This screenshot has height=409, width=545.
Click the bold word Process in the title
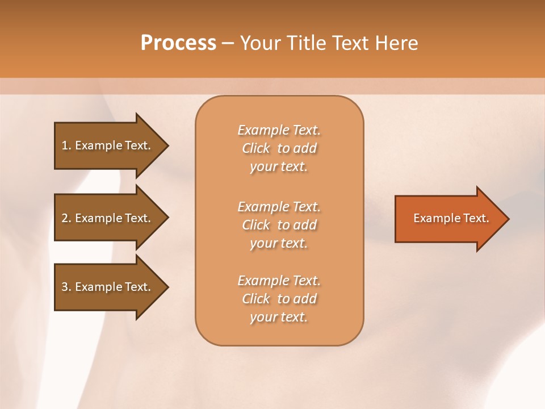coord(178,43)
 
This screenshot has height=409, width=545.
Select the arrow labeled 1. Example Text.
coord(108,145)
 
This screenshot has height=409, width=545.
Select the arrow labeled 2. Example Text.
coord(108,218)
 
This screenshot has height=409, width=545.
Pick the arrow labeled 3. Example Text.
coord(108,287)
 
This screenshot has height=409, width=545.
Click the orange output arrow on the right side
coord(448,218)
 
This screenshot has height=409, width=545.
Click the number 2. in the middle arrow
coord(66,218)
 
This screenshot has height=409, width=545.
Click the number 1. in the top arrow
coord(66,145)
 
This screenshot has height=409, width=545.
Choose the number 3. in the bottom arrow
coord(66,287)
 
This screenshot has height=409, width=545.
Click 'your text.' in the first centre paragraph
coord(278,167)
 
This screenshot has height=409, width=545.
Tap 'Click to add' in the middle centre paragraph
coord(279,225)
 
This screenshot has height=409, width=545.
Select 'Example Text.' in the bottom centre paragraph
coord(279,281)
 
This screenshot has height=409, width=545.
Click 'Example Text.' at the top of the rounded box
coord(279,130)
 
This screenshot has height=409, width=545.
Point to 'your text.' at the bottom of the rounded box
coord(278,318)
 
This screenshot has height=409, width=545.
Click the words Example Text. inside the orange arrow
coord(451,218)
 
